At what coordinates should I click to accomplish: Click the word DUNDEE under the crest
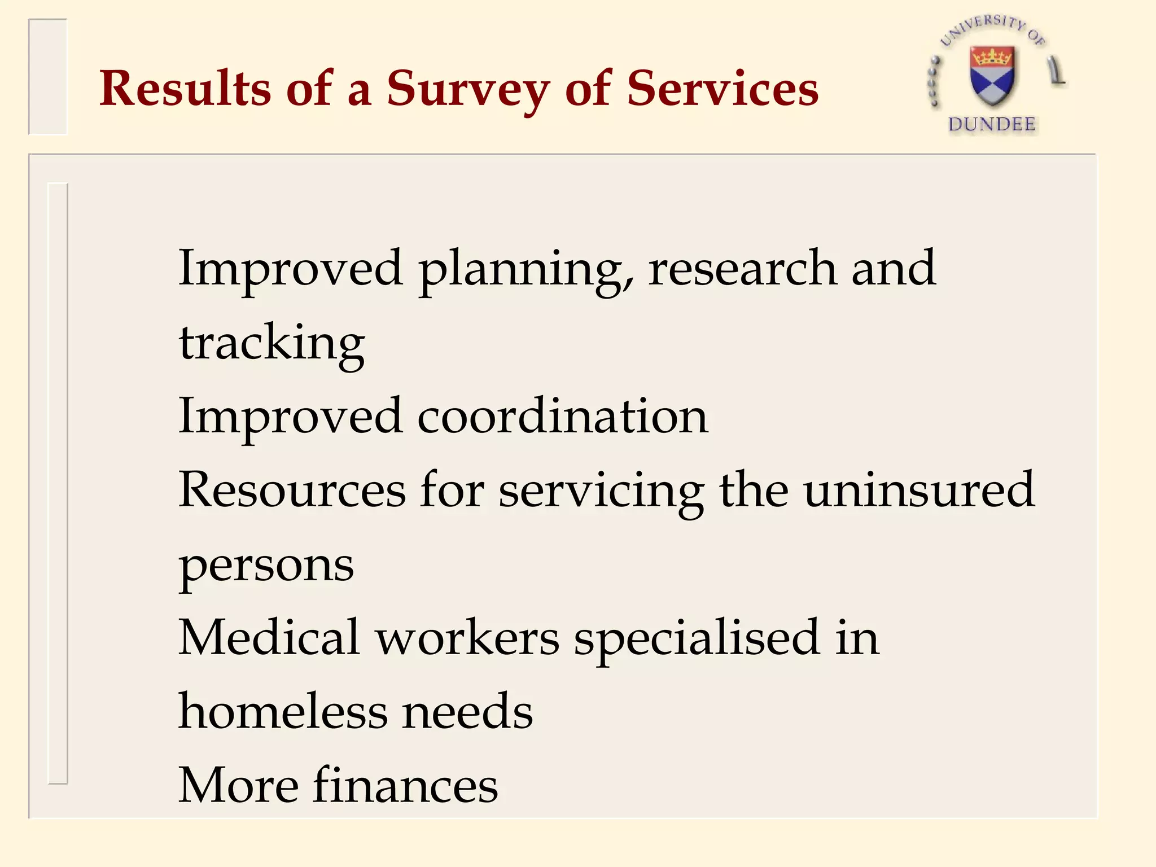[x=992, y=124]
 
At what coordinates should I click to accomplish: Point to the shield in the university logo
[x=992, y=76]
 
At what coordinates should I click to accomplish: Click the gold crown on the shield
[x=992, y=56]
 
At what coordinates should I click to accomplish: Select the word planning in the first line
[x=525, y=271]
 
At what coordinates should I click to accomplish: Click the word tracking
[x=272, y=344]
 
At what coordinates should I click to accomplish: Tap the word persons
[x=266, y=566]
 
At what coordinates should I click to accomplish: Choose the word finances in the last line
[x=405, y=785]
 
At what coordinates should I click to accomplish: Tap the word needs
[x=467, y=712]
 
